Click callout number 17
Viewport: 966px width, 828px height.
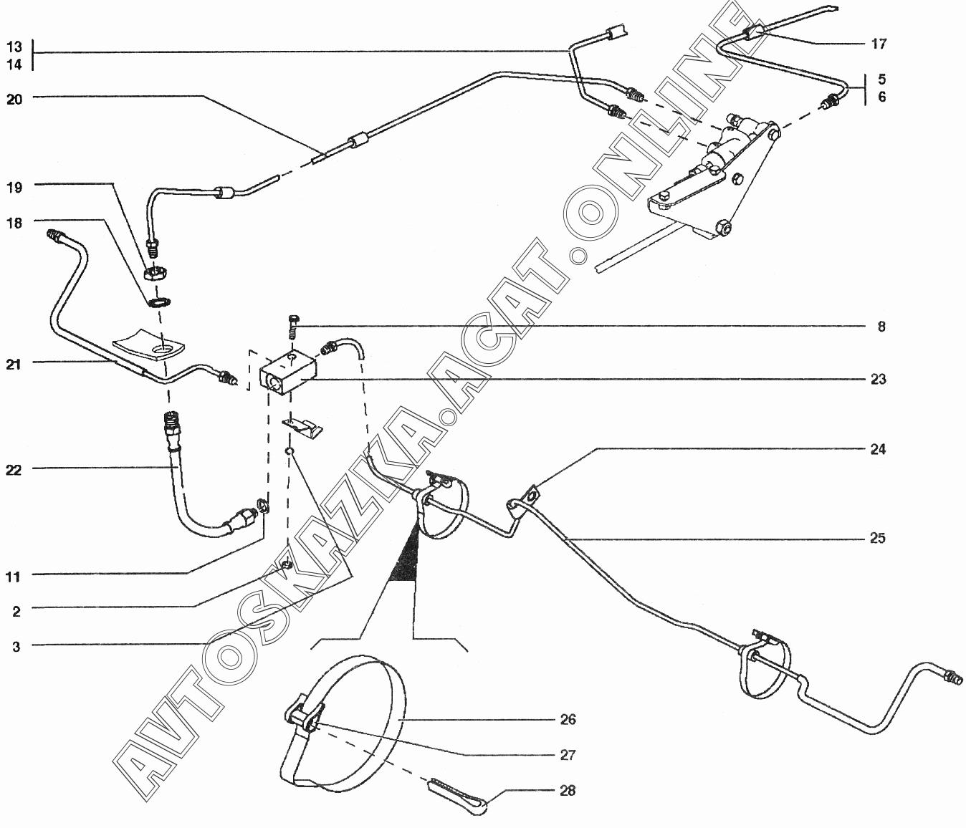(x=879, y=44)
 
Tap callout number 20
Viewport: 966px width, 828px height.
(x=14, y=99)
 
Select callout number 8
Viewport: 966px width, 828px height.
(x=881, y=327)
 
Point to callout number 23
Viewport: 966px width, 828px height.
(x=879, y=379)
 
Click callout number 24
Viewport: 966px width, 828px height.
(x=879, y=450)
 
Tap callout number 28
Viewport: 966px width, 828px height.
(x=568, y=791)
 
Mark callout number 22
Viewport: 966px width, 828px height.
(x=14, y=470)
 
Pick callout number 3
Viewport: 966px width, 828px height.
(x=16, y=646)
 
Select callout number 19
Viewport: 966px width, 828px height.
(x=14, y=188)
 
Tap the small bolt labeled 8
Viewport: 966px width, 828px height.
(x=292, y=326)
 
